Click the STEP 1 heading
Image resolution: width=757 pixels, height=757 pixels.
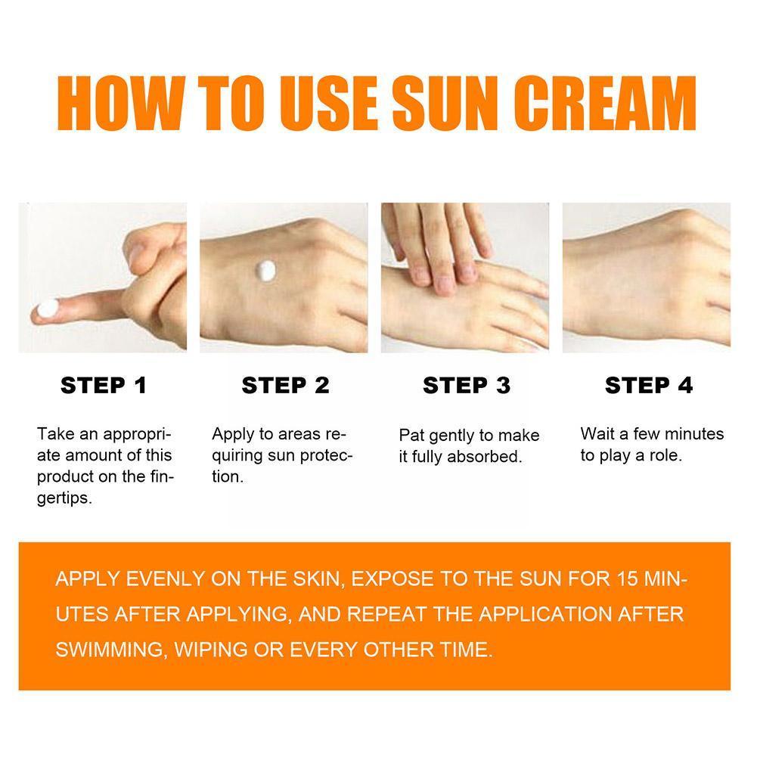coord(104,385)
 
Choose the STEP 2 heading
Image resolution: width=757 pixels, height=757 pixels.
coord(285,385)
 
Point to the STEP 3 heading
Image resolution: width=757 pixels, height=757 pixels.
coord(467,385)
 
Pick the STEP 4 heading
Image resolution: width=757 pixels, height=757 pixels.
coord(648,385)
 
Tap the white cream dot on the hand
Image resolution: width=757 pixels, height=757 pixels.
coord(266,268)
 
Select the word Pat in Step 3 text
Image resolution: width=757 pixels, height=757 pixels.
coord(411,436)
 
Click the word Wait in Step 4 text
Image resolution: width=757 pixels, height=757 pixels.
coord(597,434)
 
